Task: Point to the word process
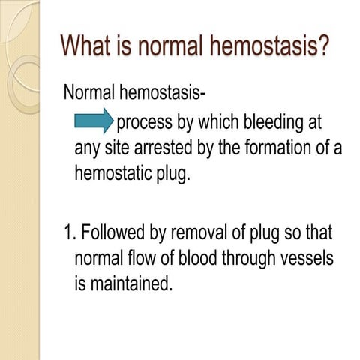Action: coord(147,122)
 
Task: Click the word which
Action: coord(218,122)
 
